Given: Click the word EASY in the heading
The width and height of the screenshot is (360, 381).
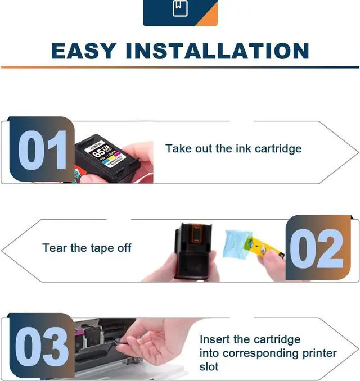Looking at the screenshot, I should (x=84, y=51).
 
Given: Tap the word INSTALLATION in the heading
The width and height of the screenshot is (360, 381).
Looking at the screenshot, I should (x=218, y=51).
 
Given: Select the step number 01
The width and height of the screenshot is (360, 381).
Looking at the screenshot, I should (x=43, y=151).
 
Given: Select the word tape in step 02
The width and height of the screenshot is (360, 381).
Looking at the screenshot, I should (x=103, y=248).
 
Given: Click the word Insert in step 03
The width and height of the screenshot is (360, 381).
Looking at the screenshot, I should (x=214, y=340).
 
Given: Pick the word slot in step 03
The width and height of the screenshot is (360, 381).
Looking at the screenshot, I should (x=209, y=367).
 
